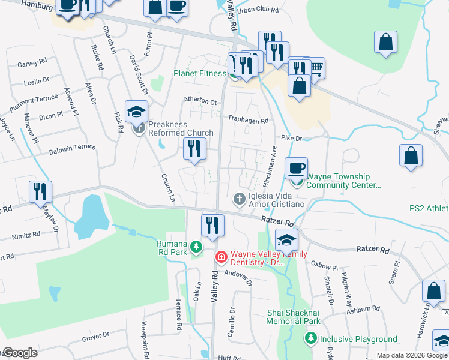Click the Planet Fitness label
point(200,74)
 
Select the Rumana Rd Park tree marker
point(196,246)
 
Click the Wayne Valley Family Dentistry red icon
point(221,257)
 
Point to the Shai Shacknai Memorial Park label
point(294,317)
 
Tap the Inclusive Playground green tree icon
point(311,339)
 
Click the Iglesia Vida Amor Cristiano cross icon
point(239,199)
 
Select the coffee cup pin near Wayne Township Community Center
point(295,169)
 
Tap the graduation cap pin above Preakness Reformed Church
point(137,111)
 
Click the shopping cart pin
point(314,68)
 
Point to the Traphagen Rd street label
point(247,120)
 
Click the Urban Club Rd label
point(259,11)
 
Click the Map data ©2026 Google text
point(412,355)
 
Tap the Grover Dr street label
point(95,337)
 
